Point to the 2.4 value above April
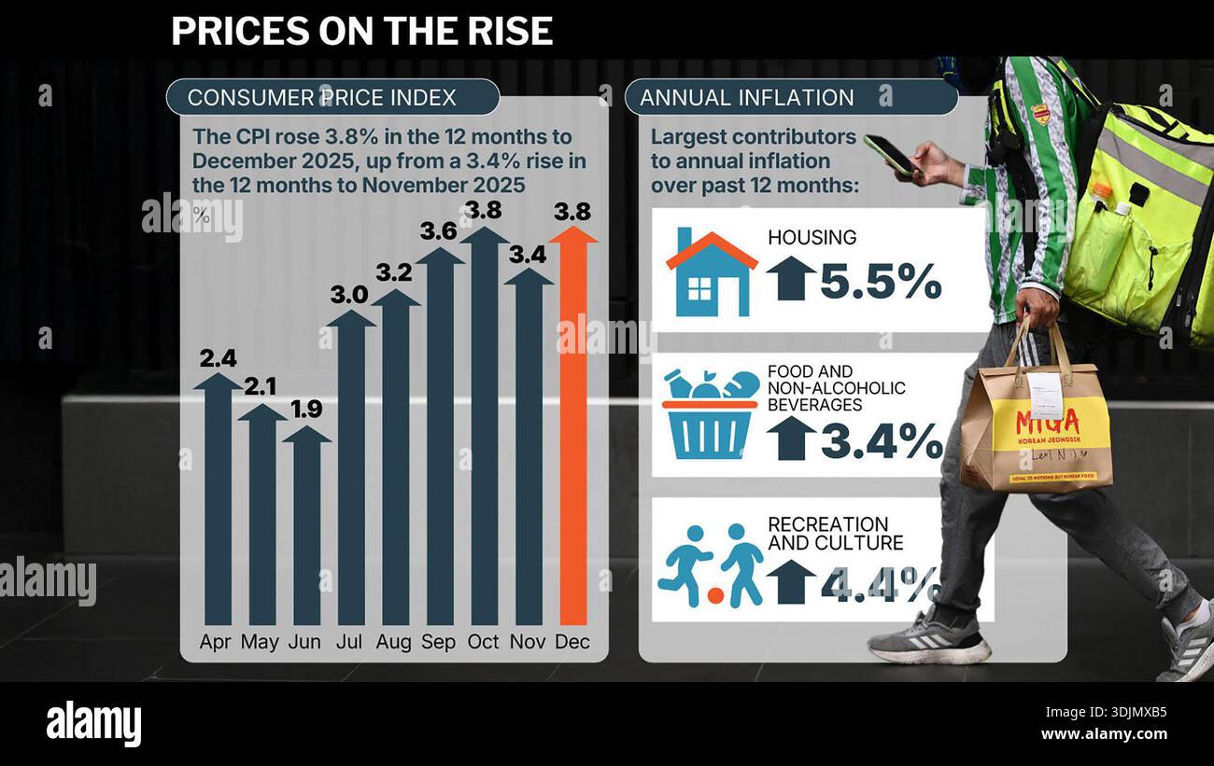[x=218, y=358]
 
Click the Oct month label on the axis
[x=484, y=642]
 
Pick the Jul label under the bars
[x=351, y=642]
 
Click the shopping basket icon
[x=710, y=414]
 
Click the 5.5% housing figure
[x=881, y=281]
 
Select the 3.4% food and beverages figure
[x=882, y=440]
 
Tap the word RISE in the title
[x=515, y=31]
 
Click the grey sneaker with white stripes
[x=928, y=638]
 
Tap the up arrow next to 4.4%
[x=791, y=581]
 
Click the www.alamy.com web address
[x=1104, y=734]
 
